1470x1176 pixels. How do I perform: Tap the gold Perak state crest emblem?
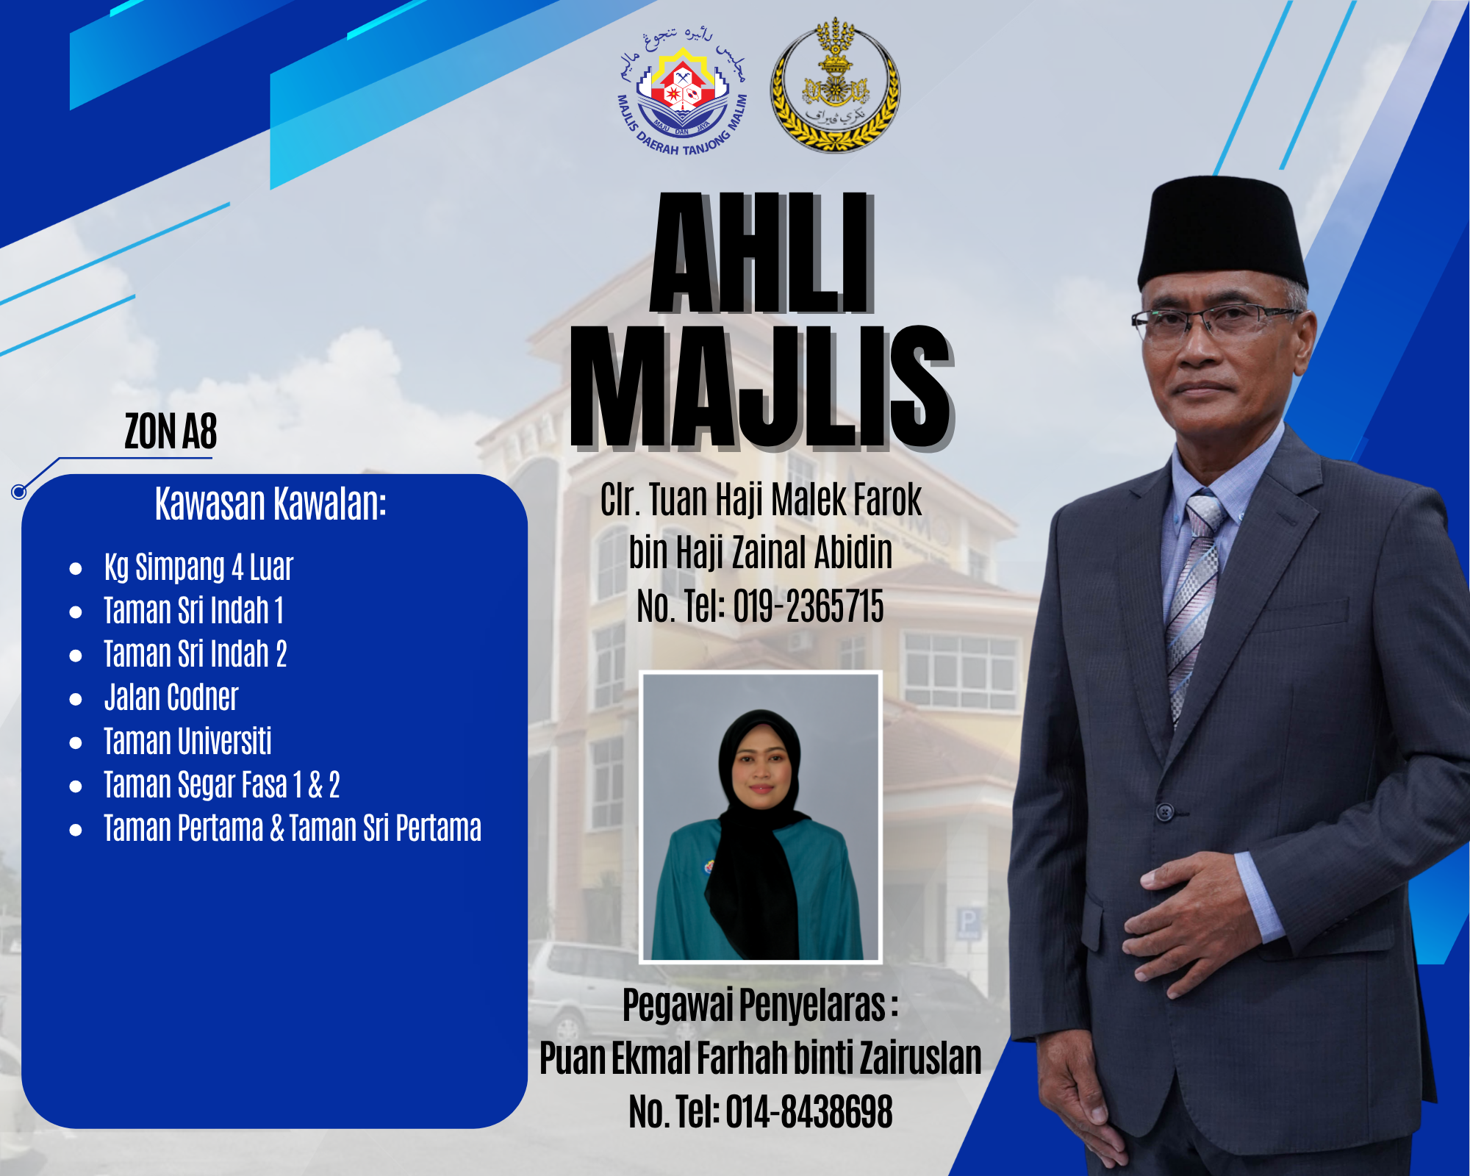(835, 85)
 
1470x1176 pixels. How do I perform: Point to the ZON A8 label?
(171, 431)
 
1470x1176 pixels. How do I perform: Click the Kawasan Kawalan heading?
(270, 504)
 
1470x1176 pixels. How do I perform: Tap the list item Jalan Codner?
(171, 698)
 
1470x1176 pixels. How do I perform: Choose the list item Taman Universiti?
(187, 741)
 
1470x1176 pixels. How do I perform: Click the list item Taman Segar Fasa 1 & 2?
(221, 785)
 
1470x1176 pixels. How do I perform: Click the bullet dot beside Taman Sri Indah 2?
(76, 656)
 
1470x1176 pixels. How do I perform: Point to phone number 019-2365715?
(808, 607)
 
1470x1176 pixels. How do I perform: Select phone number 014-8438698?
(809, 1111)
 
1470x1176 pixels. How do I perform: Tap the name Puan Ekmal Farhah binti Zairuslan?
(761, 1058)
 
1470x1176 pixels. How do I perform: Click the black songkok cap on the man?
(1222, 234)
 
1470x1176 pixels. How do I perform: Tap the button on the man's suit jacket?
(1165, 812)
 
